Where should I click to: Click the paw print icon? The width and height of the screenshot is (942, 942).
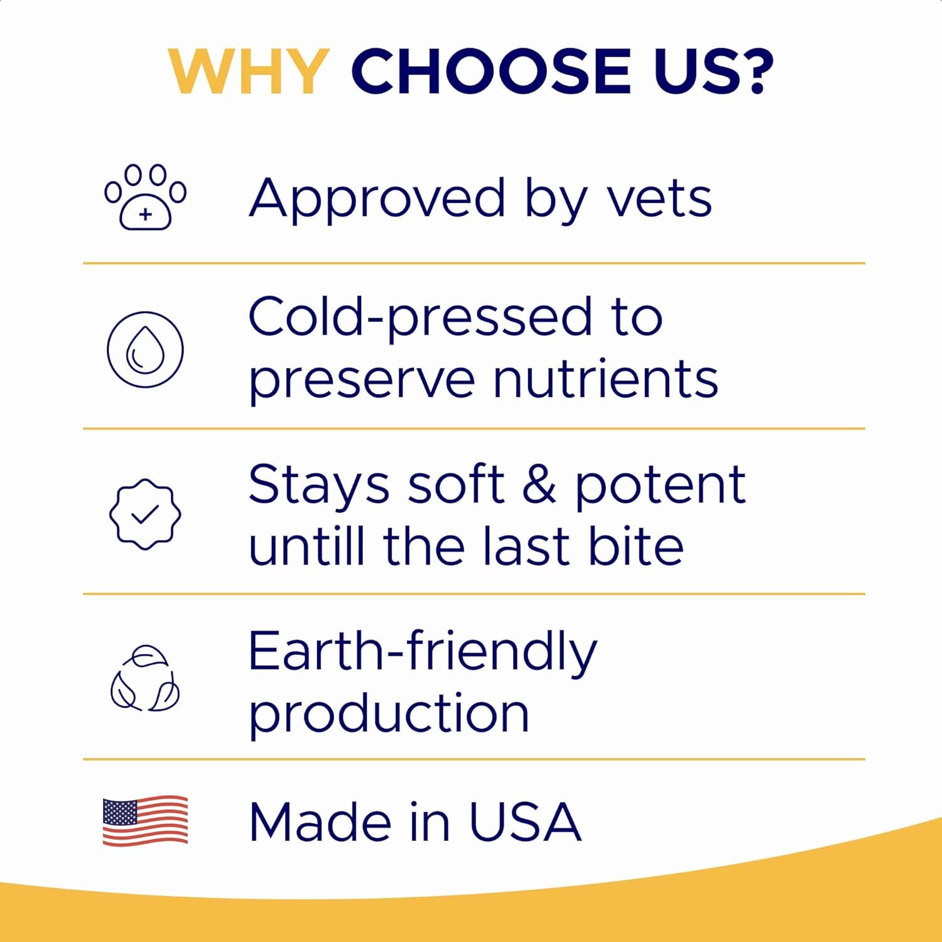pos(145,197)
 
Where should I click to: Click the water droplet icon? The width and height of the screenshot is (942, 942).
pos(145,349)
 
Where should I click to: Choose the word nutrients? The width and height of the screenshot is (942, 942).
pos(605,379)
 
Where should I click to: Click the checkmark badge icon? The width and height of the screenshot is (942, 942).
pos(145,514)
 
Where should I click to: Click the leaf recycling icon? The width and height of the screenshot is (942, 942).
pos(145,679)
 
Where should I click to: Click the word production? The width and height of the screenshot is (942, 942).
pos(389,714)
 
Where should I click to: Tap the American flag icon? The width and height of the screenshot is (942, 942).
pos(145,821)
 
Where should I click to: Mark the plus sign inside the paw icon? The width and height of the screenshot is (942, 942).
pos(146,215)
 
